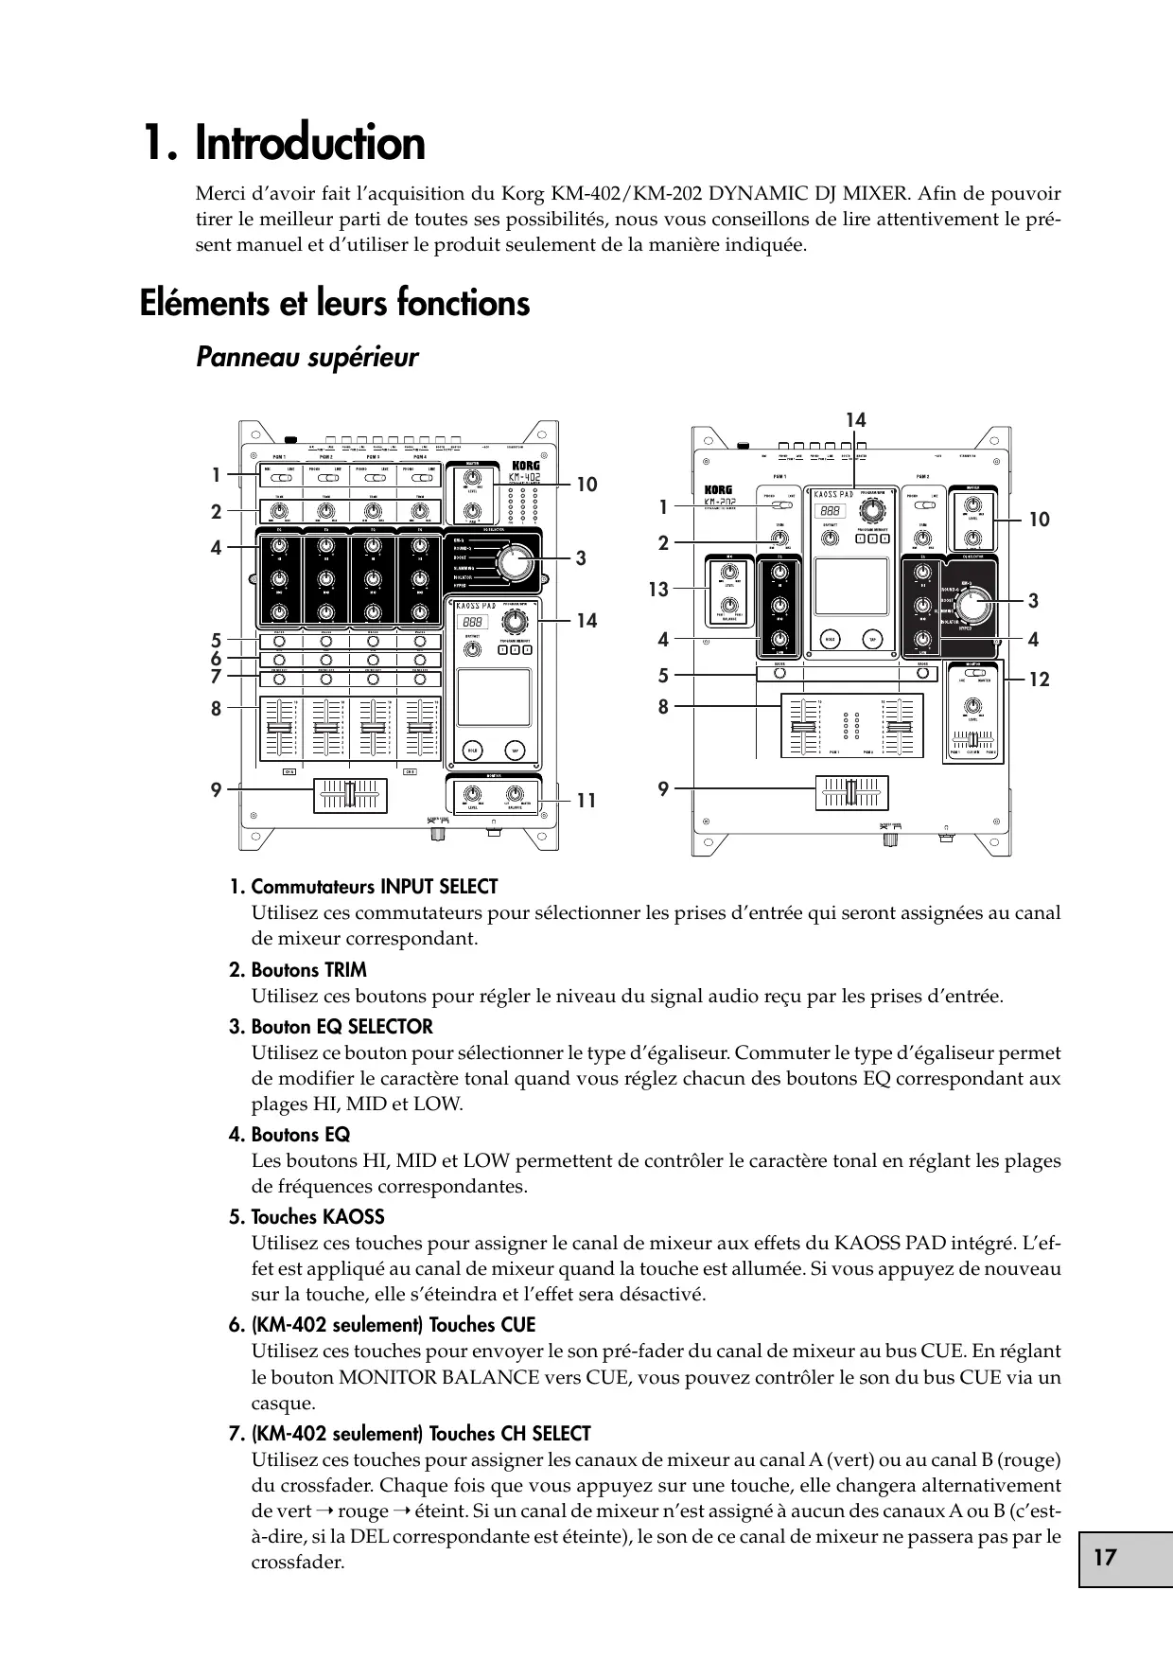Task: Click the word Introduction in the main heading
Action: point(310,144)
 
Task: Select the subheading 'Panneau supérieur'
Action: point(306,358)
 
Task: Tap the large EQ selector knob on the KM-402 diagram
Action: point(512,561)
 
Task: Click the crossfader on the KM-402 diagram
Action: point(350,793)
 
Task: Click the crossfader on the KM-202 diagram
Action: point(851,793)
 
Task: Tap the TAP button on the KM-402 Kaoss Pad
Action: point(516,751)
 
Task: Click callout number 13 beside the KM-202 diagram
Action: point(657,590)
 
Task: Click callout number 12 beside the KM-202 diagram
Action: point(1039,680)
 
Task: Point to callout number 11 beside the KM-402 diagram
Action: point(586,801)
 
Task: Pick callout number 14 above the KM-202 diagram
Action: point(856,420)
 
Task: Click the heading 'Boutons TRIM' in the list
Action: point(308,970)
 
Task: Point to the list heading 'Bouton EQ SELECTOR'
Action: point(341,1027)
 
